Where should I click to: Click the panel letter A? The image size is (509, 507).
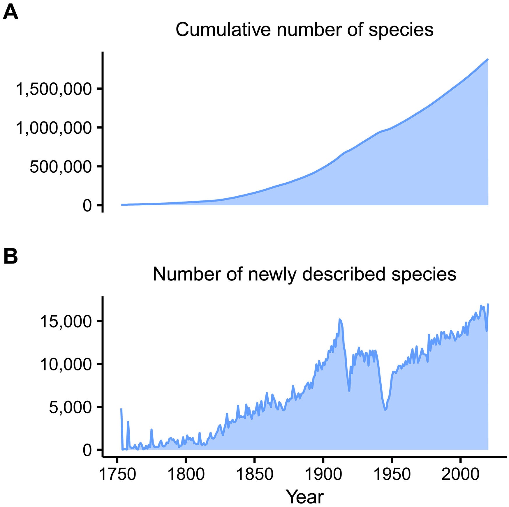[x=10, y=13]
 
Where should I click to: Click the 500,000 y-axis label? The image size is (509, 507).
[x=61, y=167]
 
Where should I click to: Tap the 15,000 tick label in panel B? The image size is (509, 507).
[x=66, y=321]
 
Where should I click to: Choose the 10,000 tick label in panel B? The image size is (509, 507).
[x=66, y=364]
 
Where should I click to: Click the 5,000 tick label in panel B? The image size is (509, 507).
[x=70, y=407]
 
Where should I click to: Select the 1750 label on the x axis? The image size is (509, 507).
[x=117, y=474]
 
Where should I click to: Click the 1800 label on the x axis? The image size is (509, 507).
[x=186, y=474]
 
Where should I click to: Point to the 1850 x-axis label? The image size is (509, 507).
[x=254, y=474]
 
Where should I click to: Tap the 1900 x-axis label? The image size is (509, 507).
[x=323, y=474]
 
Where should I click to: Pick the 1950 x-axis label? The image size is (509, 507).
[x=392, y=474]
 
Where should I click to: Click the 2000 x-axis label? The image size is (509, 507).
[x=460, y=474]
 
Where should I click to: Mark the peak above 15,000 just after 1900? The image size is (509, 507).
[x=340, y=319]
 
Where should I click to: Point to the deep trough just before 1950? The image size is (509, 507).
[x=385, y=409]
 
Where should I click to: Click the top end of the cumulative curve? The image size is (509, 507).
[x=488, y=59]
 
